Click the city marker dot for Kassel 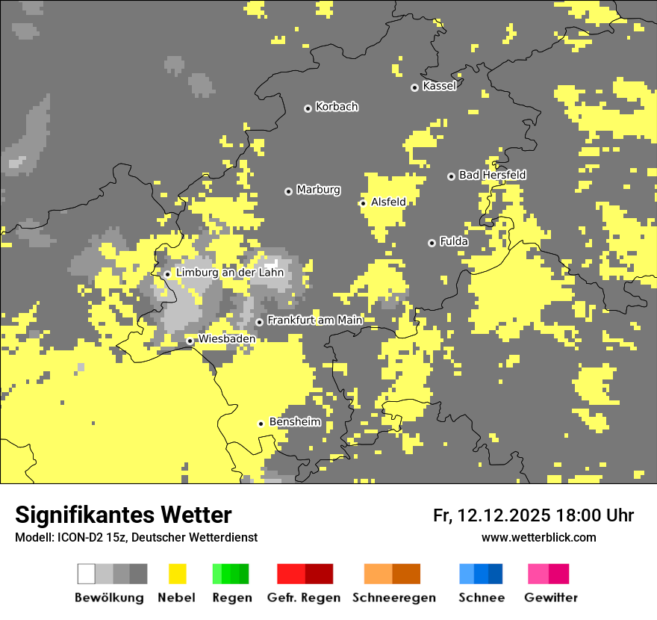click(x=415, y=87)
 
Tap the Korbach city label click(x=337, y=107)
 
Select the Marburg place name click(x=318, y=190)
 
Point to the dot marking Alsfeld click(x=363, y=203)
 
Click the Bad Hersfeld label click(x=492, y=175)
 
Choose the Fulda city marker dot click(x=432, y=243)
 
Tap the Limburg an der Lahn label click(x=230, y=273)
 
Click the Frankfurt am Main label click(x=314, y=320)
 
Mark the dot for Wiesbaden click(x=190, y=341)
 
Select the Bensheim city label click(x=295, y=422)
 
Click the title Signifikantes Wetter click(x=123, y=515)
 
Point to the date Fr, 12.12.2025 click(x=491, y=515)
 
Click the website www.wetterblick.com click(x=538, y=537)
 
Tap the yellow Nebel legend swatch click(x=177, y=574)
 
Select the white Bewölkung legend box click(x=87, y=574)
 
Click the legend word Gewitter click(x=550, y=598)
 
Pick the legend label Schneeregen click(x=393, y=598)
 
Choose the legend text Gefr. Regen click(x=303, y=598)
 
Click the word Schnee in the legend click(x=481, y=598)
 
